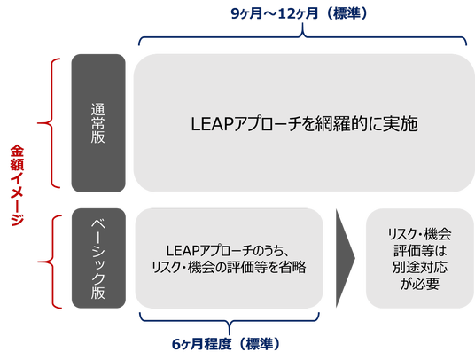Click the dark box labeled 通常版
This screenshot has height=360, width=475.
[x=98, y=123]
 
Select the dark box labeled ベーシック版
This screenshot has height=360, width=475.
[x=98, y=258]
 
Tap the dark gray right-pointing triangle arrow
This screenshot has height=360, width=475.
[x=345, y=258]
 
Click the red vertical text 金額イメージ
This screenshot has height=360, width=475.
[x=17, y=185]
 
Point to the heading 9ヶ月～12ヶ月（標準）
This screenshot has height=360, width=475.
[x=299, y=13]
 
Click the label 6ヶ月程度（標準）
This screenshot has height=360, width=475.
[x=226, y=344]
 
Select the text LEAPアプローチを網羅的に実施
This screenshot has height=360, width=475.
[x=304, y=123]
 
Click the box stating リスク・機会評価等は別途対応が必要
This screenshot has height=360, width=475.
[x=419, y=258]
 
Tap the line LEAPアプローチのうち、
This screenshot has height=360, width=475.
[x=227, y=250]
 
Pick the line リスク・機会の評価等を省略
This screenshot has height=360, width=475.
[x=229, y=267]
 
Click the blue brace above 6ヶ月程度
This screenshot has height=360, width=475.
[x=230, y=321]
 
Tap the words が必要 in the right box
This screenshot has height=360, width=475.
[x=419, y=284]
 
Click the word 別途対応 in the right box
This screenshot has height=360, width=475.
[x=419, y=267]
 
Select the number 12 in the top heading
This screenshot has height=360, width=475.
[x=285, y=13]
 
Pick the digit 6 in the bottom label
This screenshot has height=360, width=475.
[x=176, y=345]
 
